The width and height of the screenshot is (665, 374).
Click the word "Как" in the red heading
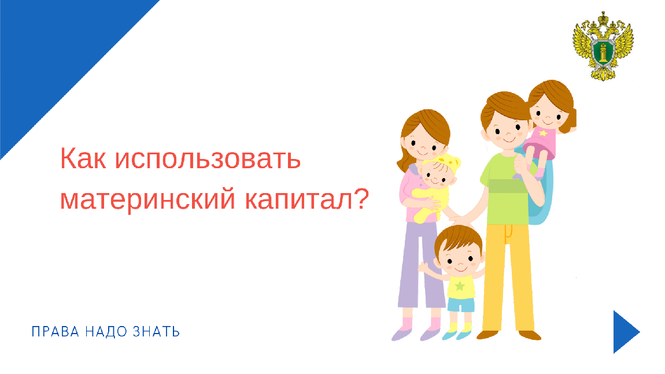[x=83, y=158]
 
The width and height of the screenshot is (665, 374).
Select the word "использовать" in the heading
[x=208, y=158]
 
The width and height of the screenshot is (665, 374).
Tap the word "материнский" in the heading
[x=147, y=199]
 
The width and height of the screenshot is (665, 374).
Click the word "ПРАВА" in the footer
[x=56, y=332]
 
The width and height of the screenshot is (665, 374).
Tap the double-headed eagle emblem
[x=603, y=46]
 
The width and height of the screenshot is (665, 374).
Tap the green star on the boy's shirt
[x=460, y=286]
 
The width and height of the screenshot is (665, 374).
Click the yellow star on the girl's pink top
[x=543, y=133]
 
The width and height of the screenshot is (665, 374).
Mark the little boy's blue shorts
[x=461, y=305]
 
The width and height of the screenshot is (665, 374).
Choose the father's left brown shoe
[x=487, y=335]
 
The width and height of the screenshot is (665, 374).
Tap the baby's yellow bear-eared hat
[x=445, y=162]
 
